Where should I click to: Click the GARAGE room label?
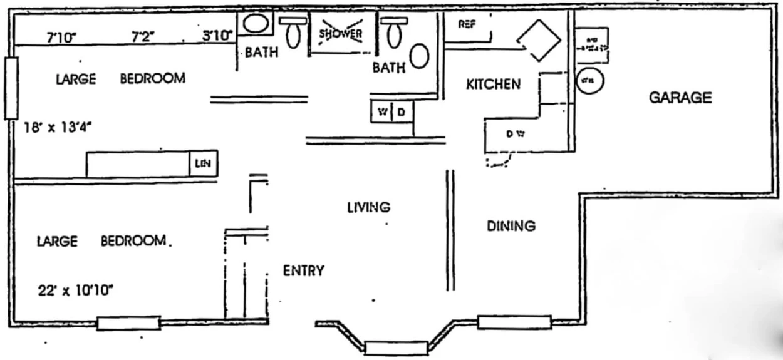[680, 98]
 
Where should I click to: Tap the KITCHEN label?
[493, 84]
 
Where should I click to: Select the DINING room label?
[511, 226]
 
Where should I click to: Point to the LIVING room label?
[369, 207]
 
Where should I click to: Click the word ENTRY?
[304, 271]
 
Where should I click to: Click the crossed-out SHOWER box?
[341, 34]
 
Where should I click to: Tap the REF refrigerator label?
[465, 24]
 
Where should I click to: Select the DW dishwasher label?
[515, 134]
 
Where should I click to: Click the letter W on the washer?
[381, 113]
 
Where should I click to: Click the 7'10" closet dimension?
[61, 37]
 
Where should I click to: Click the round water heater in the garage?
[589, 81]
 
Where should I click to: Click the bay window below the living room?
[396, 347]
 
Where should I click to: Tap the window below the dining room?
[514, 322]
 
